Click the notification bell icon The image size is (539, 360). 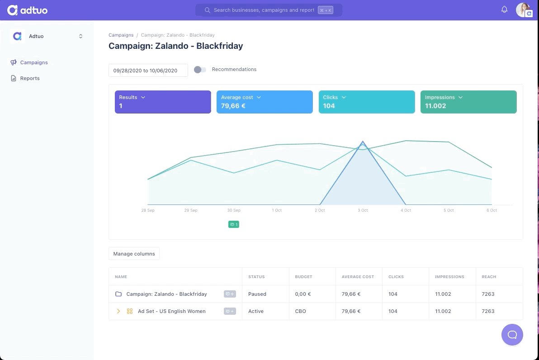[504, 9]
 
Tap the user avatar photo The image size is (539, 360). [523, 9]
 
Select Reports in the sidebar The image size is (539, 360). [30, 78]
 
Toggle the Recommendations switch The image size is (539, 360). [200, 70]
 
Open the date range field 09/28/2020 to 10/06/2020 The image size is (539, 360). [148, 71]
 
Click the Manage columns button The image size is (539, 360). [134, 254]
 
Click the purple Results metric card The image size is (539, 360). [163, 102]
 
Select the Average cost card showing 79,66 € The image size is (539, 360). [265, 102]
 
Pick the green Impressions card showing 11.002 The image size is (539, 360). [468, 102]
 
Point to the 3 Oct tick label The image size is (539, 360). [363, 210]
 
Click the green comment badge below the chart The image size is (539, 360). [234, 224]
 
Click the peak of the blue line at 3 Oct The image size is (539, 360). [363, 141]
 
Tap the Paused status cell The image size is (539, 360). [257, 294]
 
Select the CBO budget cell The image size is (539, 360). [300, 311]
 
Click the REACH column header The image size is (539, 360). [489, 277]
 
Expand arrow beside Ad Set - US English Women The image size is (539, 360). [118, 311]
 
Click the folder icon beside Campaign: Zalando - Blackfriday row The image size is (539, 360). [118, 294]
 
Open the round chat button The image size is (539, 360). [512, 335]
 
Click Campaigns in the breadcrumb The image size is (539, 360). [121, 35]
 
